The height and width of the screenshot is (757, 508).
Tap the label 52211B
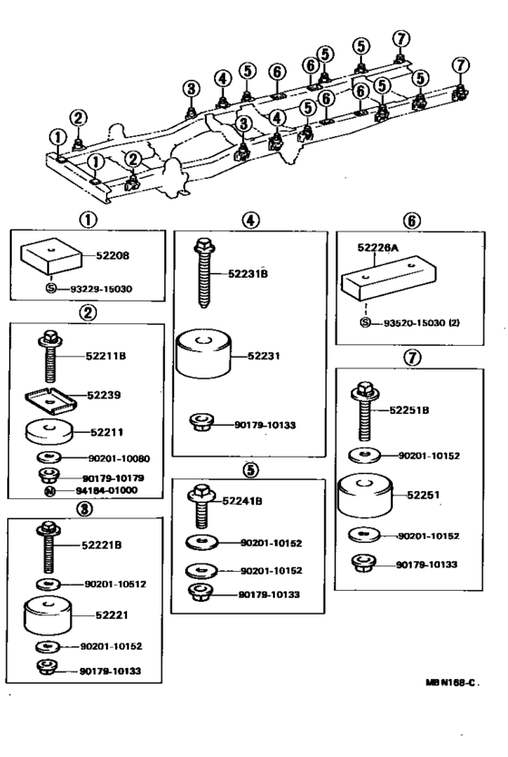pos(105,356)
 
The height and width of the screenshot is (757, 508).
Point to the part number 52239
pos(105,396)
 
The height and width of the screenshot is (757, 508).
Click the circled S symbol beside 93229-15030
pos(51,289)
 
